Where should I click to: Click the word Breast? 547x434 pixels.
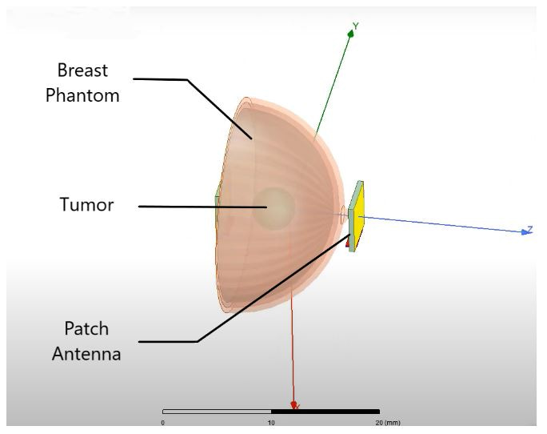pos(88,71)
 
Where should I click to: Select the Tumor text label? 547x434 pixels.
pos(86,205)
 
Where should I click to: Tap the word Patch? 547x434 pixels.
pos(87,329)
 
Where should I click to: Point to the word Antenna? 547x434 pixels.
pos(86,353)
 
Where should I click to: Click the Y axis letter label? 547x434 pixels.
pos(356,26)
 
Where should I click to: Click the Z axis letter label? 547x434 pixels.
pos(529,230)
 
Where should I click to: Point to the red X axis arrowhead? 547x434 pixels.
pos(294,405)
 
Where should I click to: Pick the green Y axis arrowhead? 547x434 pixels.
pos(349,34)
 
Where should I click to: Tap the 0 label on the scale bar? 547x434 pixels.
pos(163,421)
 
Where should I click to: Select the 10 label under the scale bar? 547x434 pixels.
pos(271,421)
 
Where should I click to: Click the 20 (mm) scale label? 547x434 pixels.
pos(387,421)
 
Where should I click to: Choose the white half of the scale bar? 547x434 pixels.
pos(217,412)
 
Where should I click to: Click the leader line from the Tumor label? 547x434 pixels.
pos(200,207)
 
